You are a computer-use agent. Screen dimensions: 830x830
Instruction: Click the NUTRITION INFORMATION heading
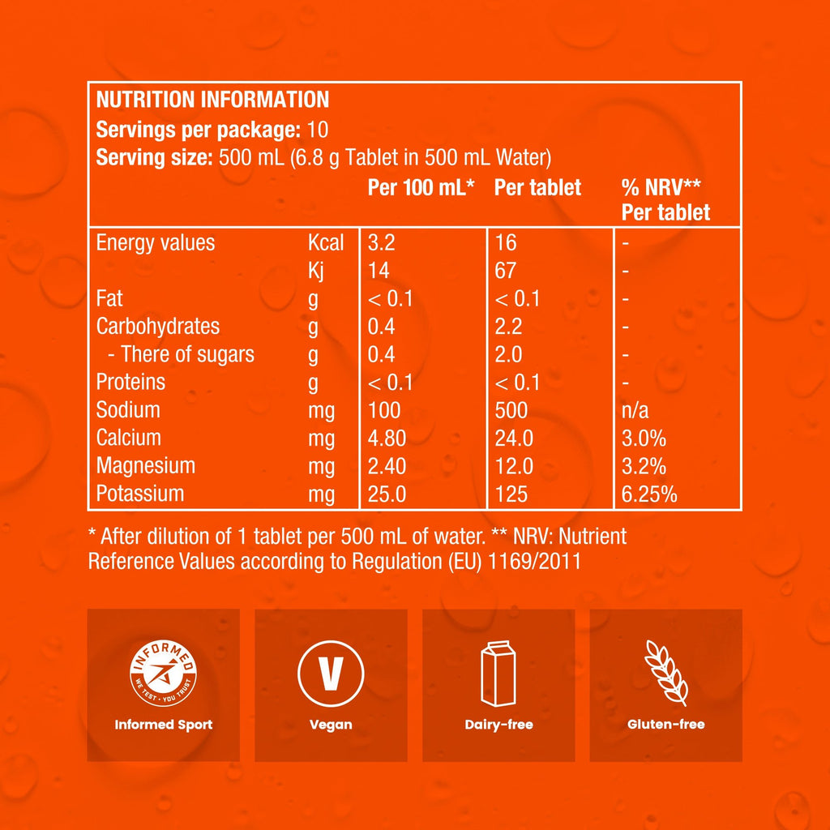pyautogui.click(x=212, y=100)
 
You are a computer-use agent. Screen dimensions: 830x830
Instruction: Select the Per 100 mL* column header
pyautogui.click(x=421, y=188)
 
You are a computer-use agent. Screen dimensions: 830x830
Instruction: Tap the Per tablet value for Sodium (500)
pyautogui.click(x=511, y=410)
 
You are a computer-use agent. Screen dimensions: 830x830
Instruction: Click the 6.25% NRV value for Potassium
pyautogui.click(x=649, y=494)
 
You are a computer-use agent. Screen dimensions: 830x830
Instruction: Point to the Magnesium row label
pyautogui.click(x=146, y=466)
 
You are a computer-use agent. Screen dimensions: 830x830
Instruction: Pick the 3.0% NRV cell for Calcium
pyautogui.click(x=644, y=439)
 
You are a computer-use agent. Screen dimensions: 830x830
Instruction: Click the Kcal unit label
pyautogui.click(x=326, y=243)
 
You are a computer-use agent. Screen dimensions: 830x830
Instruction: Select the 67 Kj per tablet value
pyautogui.click(x=506, y=271)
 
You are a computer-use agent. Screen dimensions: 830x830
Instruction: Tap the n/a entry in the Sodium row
pyautogui.click(x=637, y=411)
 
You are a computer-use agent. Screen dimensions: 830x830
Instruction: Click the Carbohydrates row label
pyautogui.click(x=158, y=327)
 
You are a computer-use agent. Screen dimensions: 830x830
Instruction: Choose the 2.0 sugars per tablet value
pyautogui.click(x=508, y=355)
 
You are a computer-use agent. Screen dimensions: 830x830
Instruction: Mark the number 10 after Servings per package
pyautogui.click(x=319, y=130)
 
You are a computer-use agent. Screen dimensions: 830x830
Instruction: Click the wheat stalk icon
pyautogui.click(x=665, y=673)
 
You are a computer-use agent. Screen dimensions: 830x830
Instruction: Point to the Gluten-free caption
pyautogui.click(x=665, y=725)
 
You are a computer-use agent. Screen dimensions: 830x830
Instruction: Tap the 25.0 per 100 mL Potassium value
pyautogui.click(x=387, y=494)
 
